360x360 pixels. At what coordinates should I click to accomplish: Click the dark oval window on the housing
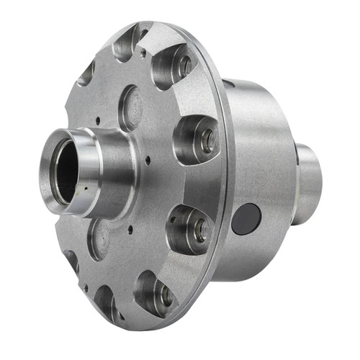[x=247, y=217]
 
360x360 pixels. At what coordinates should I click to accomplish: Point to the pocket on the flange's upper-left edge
[x=86, y=72]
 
